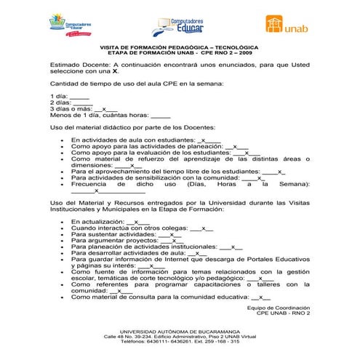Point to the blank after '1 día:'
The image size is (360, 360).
(x=80, y=97)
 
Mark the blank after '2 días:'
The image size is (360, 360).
(x=82, y=103)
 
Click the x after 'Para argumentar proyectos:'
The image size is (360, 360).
(x=173, y=241)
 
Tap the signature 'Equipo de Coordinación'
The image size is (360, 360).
(x=278, y=308)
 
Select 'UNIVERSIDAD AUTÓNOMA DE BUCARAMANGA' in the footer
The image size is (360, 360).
(x=179, y=332)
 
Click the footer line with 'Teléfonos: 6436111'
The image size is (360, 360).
(x=180, y=343)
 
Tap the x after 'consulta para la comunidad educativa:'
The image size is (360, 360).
(x=262, y=297)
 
